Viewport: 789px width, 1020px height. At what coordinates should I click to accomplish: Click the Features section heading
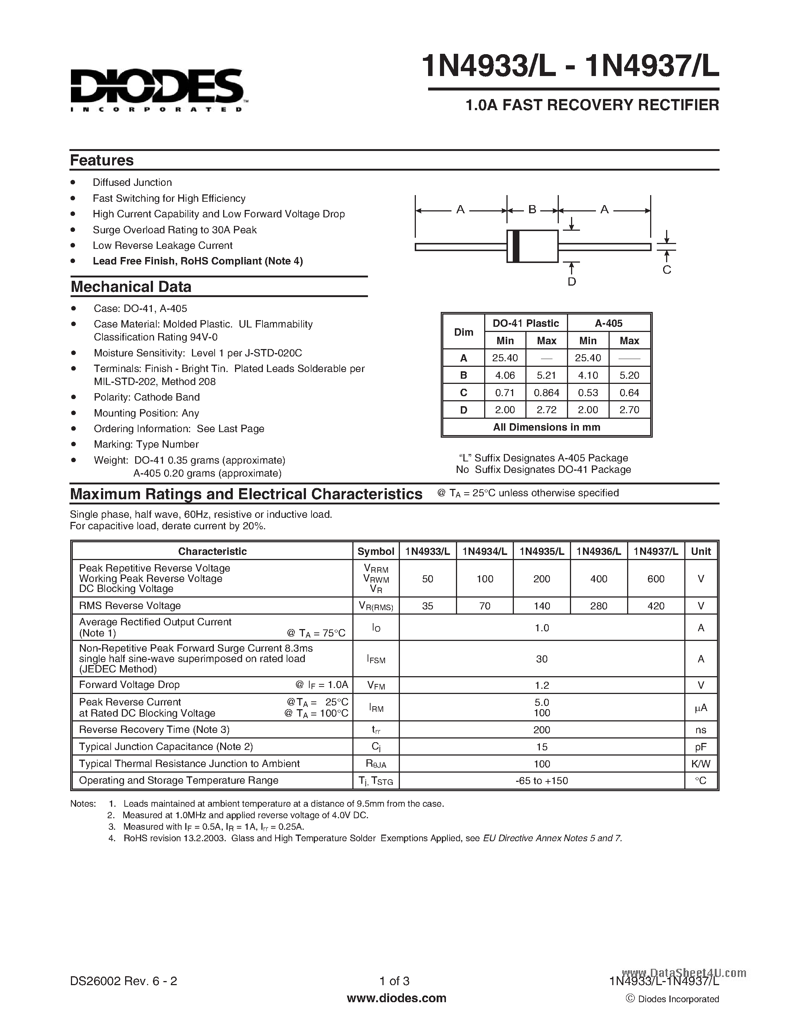point(102,160)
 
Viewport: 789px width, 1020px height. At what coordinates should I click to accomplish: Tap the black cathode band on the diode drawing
point(516,246)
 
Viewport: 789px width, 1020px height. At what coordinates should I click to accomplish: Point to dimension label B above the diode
point(532,210)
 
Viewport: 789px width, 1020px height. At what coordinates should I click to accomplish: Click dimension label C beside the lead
point(666,270)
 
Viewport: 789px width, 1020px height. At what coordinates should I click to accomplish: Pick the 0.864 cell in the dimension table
point(547,393)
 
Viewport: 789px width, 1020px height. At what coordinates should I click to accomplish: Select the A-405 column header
point(609,323)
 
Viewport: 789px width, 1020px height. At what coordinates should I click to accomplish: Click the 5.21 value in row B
point(547,375)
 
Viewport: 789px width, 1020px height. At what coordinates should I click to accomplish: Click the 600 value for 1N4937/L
point(656,579)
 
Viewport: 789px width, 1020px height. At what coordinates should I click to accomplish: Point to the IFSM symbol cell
point(376,659)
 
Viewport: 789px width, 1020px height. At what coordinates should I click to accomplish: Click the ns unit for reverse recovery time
point(700,730)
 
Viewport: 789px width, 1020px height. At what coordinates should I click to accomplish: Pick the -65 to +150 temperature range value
point(542,780)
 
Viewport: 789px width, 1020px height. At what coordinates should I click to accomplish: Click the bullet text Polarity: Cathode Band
point(146,397)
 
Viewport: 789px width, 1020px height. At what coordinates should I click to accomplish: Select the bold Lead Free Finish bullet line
point(198,261)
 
